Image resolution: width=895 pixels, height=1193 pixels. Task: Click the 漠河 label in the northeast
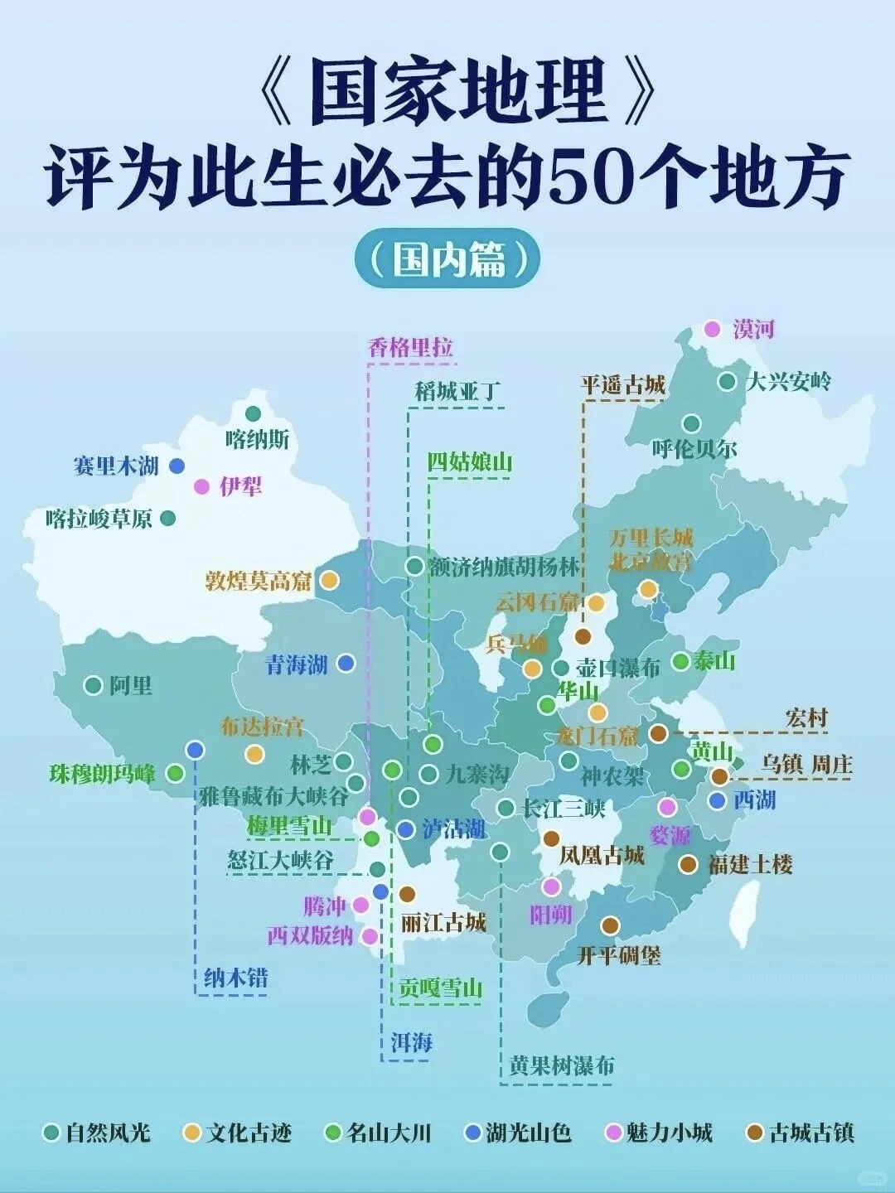(753, 330)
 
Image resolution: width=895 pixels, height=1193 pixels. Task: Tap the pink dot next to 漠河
(712, 330)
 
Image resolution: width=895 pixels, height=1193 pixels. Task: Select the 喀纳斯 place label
(257, 439)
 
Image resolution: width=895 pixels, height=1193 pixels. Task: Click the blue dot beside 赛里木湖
(177, 466)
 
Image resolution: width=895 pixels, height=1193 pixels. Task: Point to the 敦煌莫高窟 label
(258, 581)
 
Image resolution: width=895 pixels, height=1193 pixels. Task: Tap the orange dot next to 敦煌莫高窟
(329, 581)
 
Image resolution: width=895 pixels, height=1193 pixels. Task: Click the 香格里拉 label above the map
(410, 347)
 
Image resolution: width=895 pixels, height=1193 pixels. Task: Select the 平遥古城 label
(622, 385)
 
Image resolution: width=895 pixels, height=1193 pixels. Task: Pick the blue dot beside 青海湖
(346, 663)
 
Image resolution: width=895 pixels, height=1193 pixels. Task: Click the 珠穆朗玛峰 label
(102, 774)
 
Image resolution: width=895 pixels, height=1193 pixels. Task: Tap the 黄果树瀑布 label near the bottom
(562, 1065)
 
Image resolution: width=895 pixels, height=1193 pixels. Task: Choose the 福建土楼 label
(750, 865)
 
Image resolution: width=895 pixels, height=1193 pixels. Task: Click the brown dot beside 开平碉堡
(610, 925)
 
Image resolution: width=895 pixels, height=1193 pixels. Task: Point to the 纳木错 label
(236, 978)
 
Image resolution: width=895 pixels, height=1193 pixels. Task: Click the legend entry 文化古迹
(249, 1133)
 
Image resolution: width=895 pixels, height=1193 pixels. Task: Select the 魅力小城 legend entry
(669, 1133)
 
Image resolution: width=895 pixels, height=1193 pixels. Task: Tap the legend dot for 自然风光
(51, 1133)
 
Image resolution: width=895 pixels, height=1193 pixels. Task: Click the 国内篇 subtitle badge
(447, 259)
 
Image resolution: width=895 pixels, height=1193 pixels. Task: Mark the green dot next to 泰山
(680, 661)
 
